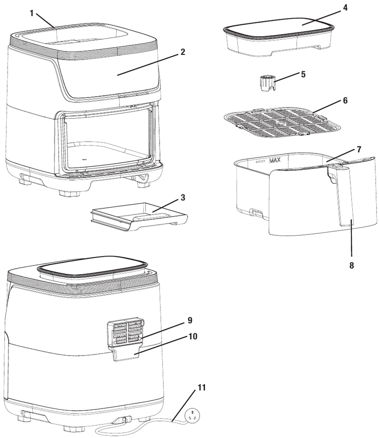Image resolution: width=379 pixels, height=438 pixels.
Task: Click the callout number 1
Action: (x=31, y=13)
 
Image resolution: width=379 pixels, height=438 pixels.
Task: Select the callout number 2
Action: (x=183, y=52)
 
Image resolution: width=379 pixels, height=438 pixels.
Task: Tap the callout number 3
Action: (x=182, y=197)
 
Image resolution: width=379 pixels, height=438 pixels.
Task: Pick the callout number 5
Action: (x=304, y=74)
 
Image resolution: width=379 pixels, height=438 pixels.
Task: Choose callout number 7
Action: (x=358, y=149)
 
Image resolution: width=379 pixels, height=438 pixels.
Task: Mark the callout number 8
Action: (x=351, y=265)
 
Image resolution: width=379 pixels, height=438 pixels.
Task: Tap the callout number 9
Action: (x=189, y=321)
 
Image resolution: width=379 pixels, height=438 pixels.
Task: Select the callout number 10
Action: (x=192, y=336)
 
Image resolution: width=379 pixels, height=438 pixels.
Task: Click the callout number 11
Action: (x=201, y=387)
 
